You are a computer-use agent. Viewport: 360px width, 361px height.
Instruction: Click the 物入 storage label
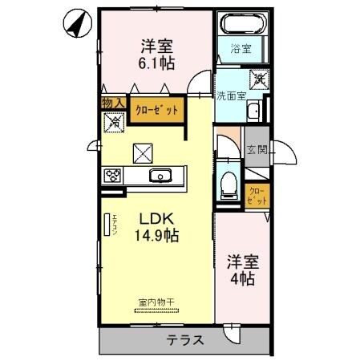pos(112,103)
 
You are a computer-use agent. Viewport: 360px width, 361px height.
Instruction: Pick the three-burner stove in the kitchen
pos(111,176)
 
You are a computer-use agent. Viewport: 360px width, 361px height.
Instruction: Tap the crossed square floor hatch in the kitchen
pos(143,150)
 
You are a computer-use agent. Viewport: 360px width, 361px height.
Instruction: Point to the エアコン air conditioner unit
pos(107,225)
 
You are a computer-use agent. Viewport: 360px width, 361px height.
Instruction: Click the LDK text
pos(156,218)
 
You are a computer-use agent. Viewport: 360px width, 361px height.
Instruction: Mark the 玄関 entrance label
pos(257,149)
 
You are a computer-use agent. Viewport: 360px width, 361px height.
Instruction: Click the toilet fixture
pos(229,183)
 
